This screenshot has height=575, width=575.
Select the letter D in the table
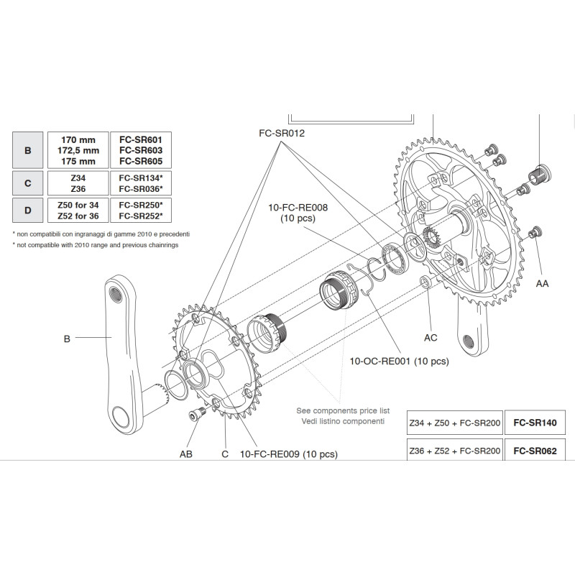27,211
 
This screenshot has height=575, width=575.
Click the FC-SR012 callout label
282,133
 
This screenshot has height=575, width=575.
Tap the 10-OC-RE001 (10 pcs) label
399,361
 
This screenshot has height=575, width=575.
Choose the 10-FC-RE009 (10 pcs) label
288,454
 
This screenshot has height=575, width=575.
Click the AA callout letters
542,284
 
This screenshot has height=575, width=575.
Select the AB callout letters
186,454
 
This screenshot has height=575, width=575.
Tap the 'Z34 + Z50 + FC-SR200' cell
454,424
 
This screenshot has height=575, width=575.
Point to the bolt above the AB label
195,415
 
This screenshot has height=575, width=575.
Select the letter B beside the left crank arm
67,338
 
